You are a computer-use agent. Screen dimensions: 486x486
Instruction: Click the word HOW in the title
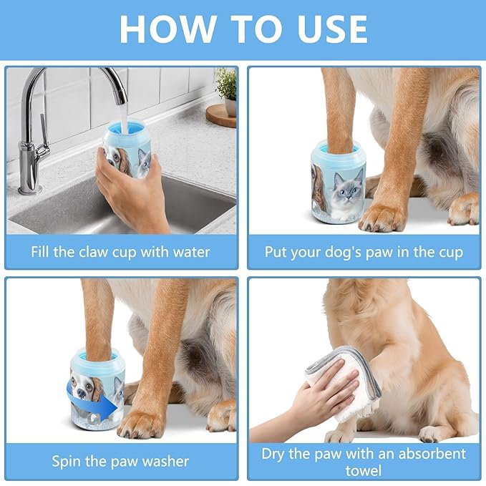tap(168, 29)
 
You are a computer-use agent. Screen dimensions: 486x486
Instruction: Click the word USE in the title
tap(332, 29)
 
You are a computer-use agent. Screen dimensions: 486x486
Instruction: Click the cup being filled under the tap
tap(127, 150)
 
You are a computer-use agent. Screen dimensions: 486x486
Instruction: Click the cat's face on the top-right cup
tap(347, 188)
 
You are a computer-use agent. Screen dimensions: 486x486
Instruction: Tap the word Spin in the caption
tap(67, 462)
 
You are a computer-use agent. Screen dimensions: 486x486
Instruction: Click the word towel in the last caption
tap(364, 471)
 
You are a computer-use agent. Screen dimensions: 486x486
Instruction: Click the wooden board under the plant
tap(220, 116)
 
